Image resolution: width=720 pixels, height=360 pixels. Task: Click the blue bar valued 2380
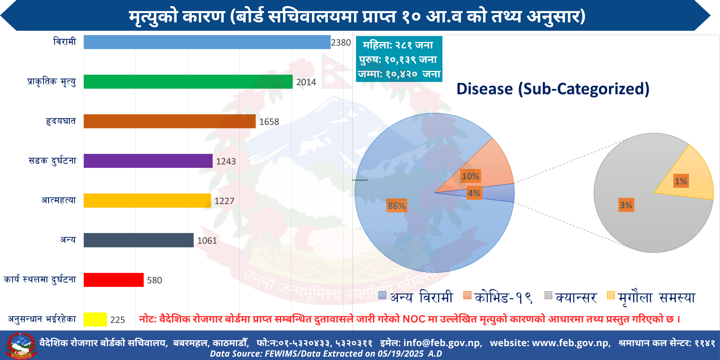tap(207, 42)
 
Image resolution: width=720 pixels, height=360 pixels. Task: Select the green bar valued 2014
tap(188, 82)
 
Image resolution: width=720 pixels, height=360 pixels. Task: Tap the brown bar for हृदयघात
tap(169, 121)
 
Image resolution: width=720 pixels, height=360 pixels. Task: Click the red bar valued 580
tap(113, 280)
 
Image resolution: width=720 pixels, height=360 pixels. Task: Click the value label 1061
tap(207, 241)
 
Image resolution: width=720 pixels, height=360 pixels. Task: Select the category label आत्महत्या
tap(59, 200)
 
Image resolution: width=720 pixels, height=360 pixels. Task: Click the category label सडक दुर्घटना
tap(52, 161)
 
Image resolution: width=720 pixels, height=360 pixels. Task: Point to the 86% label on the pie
tap(396, 206)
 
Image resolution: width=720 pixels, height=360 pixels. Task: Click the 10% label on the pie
tap(470, 176)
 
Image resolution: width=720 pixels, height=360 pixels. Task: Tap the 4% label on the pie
tap(474, 193)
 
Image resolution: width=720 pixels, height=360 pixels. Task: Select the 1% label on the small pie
tap(681, 181)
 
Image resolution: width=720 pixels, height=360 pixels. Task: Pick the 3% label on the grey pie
tap(626, 205)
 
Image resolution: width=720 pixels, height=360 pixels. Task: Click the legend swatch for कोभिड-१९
tap(467, 295)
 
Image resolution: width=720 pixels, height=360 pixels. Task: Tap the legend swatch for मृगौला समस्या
tap(611, 295)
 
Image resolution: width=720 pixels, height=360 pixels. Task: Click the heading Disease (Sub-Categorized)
tap(553, 89)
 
